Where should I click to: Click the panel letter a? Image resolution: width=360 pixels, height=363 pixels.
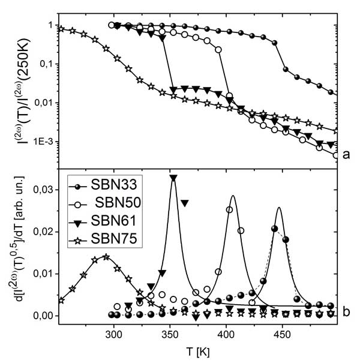point(346,155)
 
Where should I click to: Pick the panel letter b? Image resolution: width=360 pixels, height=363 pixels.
point(346,311)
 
